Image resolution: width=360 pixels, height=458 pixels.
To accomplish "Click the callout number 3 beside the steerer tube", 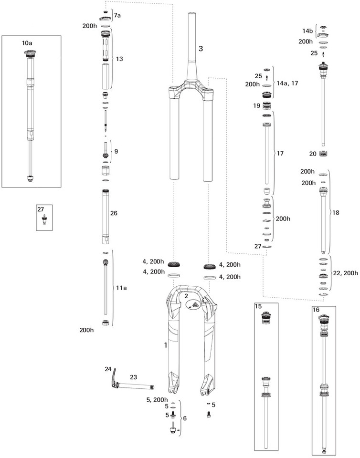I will point(201,49).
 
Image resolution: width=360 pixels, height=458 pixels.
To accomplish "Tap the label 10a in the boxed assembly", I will point(27,43).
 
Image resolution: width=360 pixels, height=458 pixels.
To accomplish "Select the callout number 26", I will point(114,213).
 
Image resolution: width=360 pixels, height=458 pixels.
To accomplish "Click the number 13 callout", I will point(119,59).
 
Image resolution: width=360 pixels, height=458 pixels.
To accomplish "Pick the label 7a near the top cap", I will point(116,15).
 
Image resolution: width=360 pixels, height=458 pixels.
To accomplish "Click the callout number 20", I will point(313,154).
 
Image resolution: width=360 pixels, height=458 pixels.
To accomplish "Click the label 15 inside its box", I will point(258,306).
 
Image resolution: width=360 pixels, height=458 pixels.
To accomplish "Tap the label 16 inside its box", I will point(316,310).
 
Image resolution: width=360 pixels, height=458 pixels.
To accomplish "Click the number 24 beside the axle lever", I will point(108,369).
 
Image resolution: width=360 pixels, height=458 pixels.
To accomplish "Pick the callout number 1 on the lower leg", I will point(166,344).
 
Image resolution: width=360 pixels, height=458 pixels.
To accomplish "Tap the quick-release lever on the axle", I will point(112,380).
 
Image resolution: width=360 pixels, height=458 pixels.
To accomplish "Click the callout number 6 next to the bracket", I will point(185,418).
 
